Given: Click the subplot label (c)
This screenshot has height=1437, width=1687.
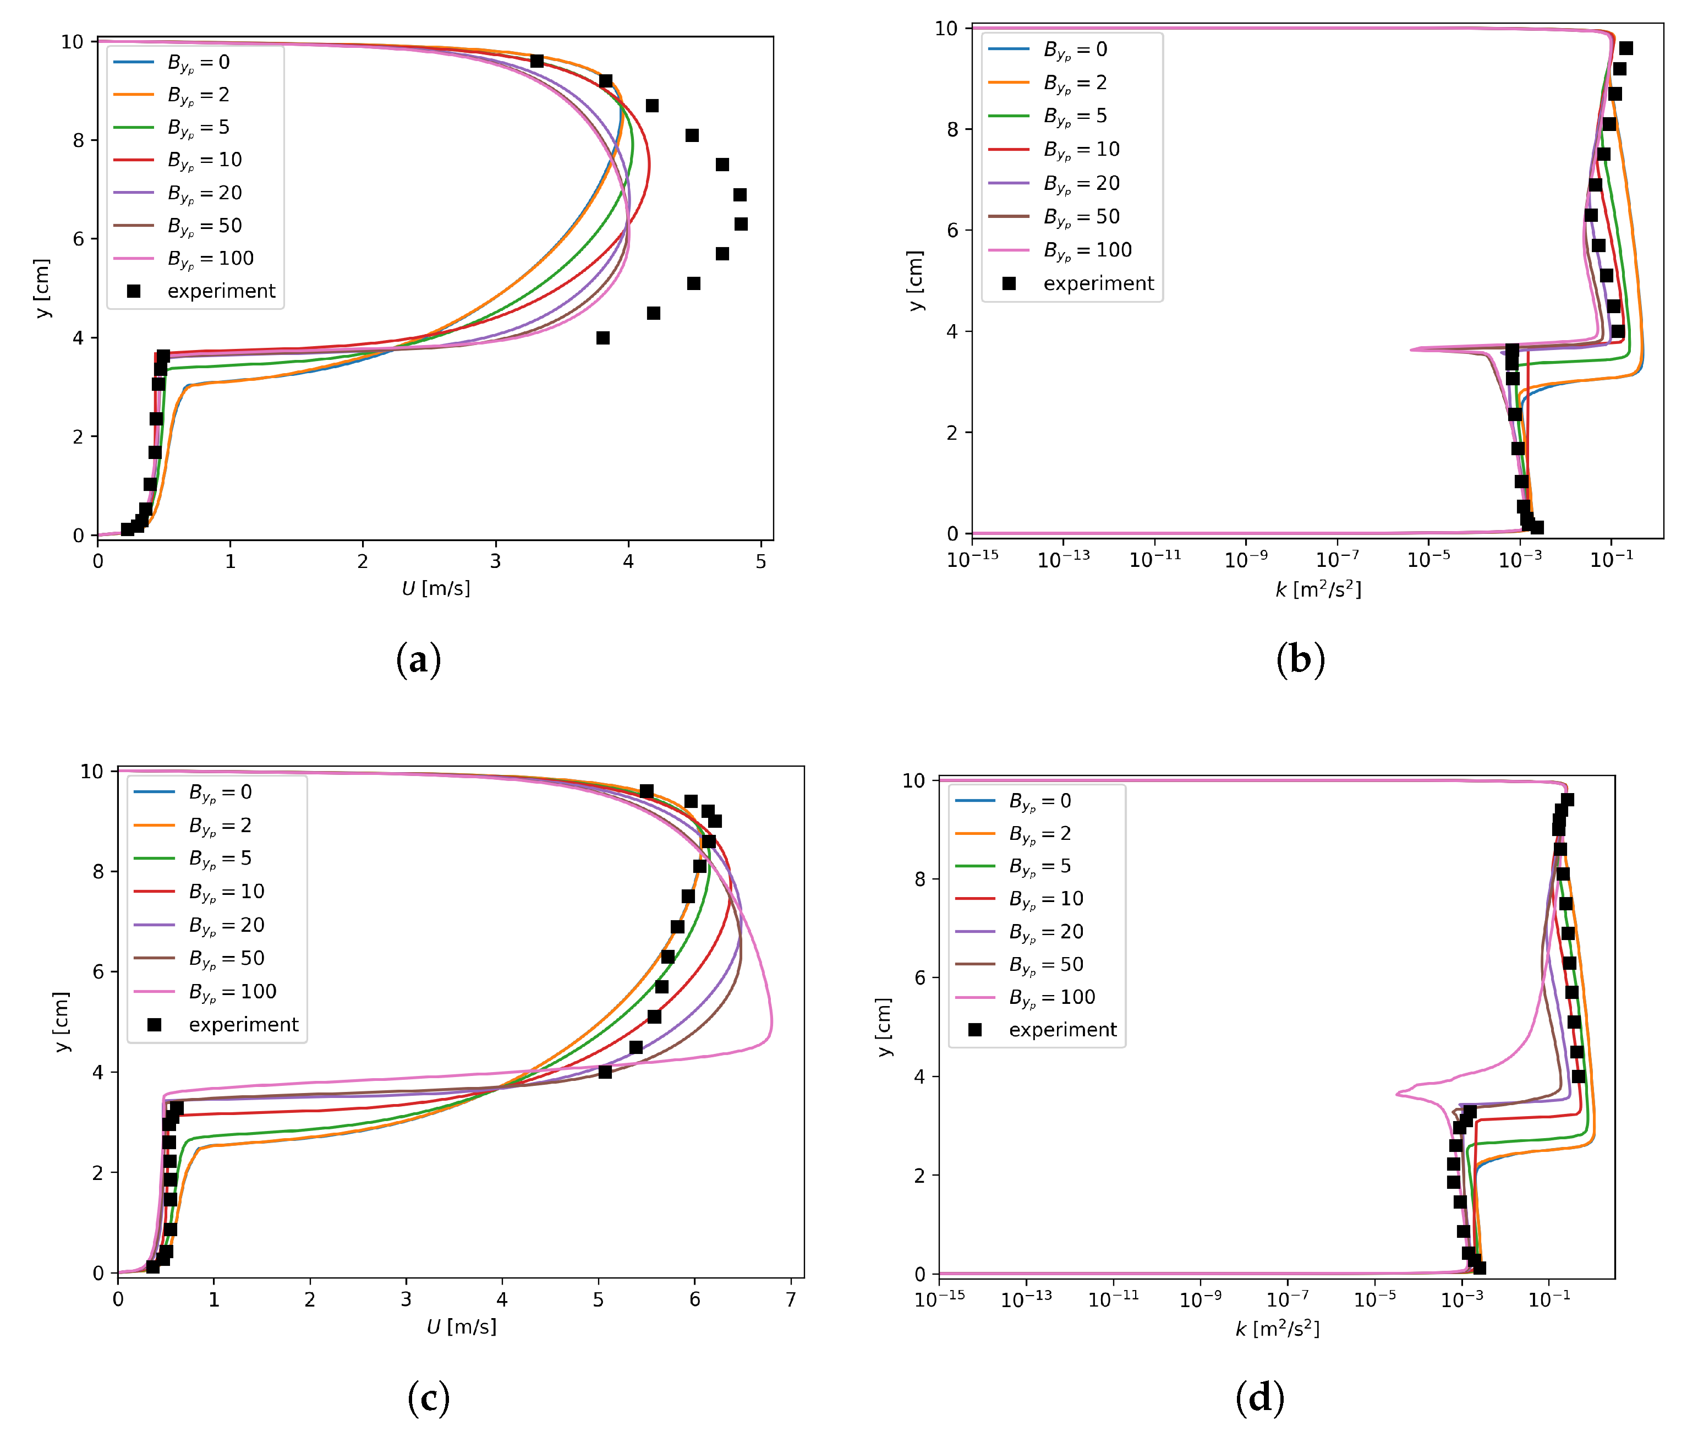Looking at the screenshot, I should point(428,1398).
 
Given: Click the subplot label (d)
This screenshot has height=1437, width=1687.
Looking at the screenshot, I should point(1259,1398).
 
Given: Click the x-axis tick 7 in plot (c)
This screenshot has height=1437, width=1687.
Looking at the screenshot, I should point(791,1299).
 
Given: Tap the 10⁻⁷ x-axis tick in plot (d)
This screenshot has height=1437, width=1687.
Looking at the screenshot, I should point(1288,1299).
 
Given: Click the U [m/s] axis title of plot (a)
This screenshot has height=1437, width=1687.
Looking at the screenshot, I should point(436,588).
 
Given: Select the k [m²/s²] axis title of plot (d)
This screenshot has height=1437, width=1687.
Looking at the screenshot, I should point(1277,1329).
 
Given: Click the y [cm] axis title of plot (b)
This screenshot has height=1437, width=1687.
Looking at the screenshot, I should point(916,281).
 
